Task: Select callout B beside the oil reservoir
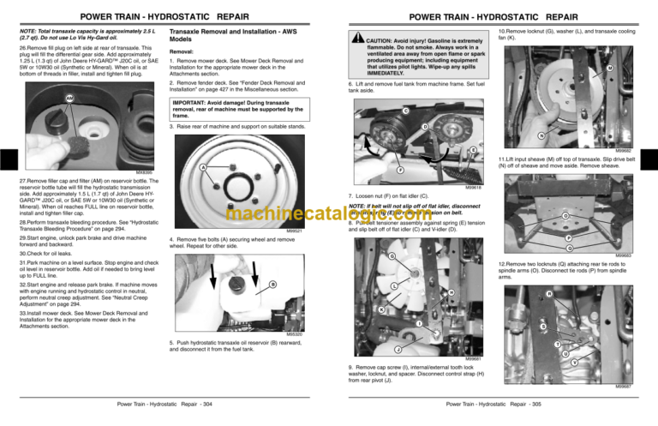coord(272,285)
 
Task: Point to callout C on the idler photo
coord(405,111)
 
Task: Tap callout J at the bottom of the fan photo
coord(398,349)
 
